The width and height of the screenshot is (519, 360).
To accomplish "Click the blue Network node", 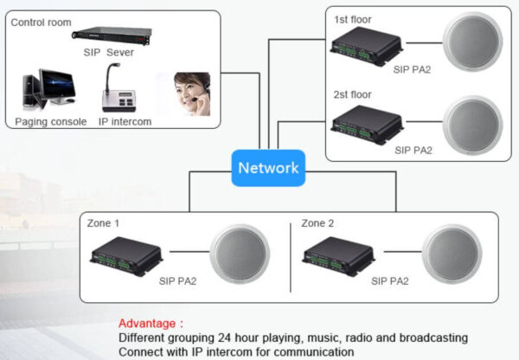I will point(268,168).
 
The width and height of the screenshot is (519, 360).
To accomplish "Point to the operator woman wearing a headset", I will point(189,93).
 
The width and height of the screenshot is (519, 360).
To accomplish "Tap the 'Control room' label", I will point(42,22).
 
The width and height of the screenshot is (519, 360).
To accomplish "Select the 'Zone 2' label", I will point(317,222).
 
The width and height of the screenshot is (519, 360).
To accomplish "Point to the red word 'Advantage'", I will point(151,323).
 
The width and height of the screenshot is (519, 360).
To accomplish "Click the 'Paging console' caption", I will point(51,122).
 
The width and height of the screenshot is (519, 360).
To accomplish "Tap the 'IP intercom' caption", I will point(125,122).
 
